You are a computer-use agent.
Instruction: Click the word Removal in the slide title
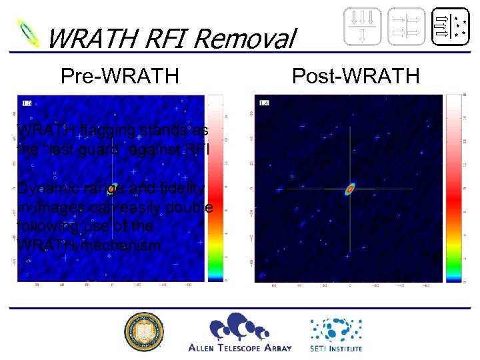249,40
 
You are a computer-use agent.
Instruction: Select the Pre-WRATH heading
119,76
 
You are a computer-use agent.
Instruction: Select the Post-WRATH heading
356,76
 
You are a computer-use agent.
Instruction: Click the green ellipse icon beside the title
29,33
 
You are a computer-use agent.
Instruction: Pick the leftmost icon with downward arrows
363,27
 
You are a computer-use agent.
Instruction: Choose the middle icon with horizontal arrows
405,27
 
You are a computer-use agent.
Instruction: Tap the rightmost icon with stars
449,27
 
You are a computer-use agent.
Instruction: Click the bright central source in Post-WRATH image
350,189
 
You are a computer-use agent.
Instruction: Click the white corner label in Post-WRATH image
264,103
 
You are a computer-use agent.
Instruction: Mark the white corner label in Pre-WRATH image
27,103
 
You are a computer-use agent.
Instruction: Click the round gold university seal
143,332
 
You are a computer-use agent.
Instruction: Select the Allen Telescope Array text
240,347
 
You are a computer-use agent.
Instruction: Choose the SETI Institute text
335,347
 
